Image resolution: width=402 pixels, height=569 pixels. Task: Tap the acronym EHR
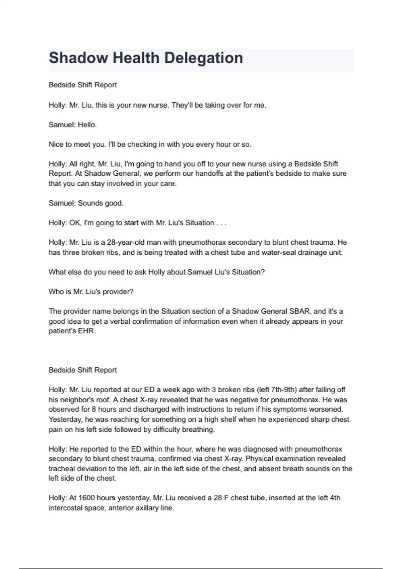88,331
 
